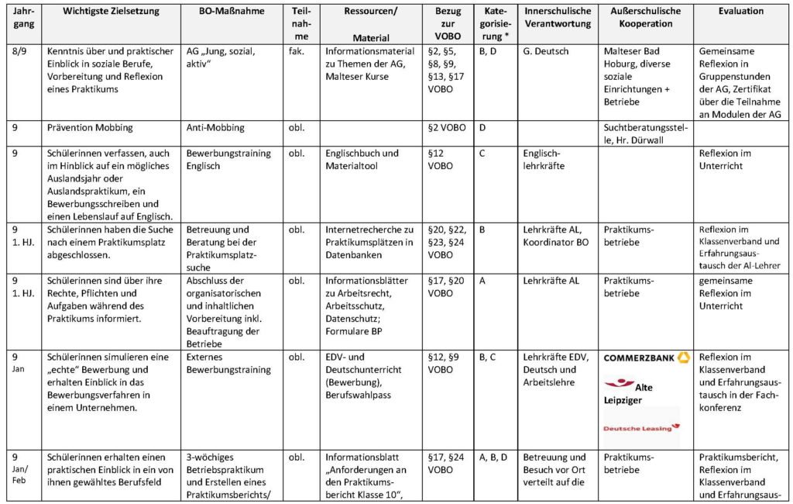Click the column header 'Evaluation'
click(x=741, y=12)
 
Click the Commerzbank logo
click(x=646, y=358)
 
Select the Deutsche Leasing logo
click(x=642, y=426)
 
